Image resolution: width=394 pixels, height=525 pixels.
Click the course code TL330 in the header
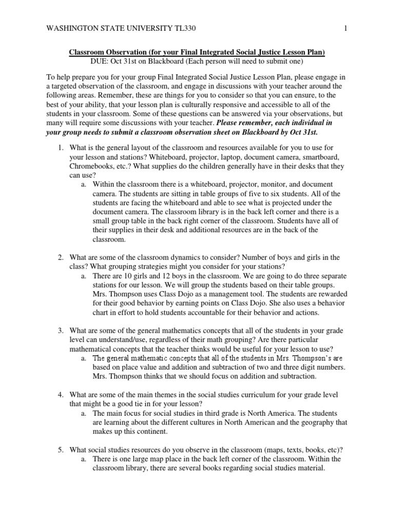182,30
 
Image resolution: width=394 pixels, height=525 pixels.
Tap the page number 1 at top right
346,30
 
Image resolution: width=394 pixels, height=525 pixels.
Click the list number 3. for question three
60,331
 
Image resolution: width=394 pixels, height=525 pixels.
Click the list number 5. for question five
60,450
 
